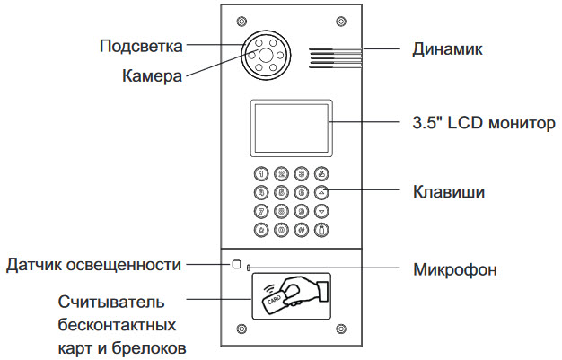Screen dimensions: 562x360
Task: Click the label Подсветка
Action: [x=141, y=47]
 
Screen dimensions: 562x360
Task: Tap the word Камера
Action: [x=152, y=75]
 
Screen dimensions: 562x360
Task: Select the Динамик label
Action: [x=447, y=49]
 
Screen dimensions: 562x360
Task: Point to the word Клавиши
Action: [x=449, y=191]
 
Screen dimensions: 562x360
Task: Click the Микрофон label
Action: [x=455, y=269]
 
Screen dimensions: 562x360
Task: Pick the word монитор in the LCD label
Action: [x=522, y=123]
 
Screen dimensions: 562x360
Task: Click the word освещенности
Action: [x=124, y=265]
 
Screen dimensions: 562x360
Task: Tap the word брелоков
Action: [x=149, y=347]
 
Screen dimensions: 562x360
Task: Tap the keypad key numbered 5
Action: [x=281, y=192]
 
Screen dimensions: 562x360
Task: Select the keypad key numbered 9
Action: [x=302, y=211]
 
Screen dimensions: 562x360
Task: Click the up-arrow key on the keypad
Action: [x=321, y=192]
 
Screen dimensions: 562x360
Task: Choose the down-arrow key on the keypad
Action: [x=321, y=211]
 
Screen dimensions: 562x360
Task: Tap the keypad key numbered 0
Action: [x=281, y=230]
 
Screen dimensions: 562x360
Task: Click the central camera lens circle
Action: [x=266, y=56]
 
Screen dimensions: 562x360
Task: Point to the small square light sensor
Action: [x=236, y=264]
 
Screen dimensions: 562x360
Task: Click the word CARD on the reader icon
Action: [x=274, y=300]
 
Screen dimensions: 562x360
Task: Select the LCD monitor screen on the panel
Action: [x=291, y=128]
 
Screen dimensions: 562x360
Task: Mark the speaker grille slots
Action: [x=335, y=57]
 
